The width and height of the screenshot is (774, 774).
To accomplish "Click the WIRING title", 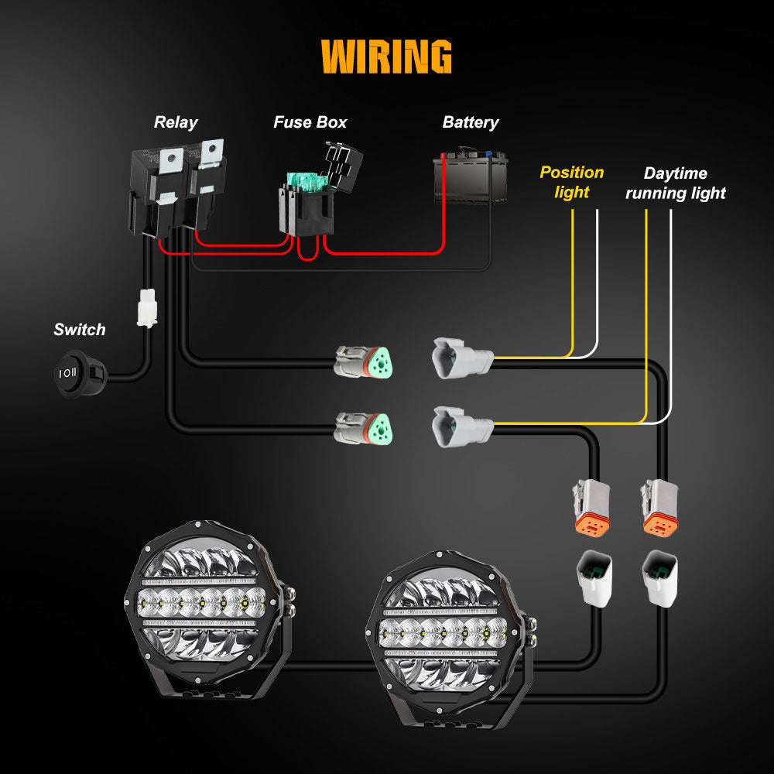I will click(386, 57).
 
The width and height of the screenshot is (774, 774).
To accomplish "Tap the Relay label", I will click(176, 122).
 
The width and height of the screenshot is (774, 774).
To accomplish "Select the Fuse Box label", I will click(310, 122).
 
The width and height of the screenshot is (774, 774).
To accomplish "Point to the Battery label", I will click(471, 122).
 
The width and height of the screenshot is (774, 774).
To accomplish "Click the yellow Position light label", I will click(572, 182).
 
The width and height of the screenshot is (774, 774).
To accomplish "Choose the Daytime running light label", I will click(676, 183).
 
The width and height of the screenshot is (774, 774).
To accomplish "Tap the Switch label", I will click(79, 330).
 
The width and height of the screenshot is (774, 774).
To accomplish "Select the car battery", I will click(471, 178).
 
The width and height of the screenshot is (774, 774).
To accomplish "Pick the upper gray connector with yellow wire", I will click(461, 358).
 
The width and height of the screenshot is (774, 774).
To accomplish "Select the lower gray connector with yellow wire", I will click(461, 426).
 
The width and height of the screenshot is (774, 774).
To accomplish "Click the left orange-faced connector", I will click(591, 507).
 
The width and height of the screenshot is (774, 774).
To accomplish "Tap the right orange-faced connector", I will click(659, 507).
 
